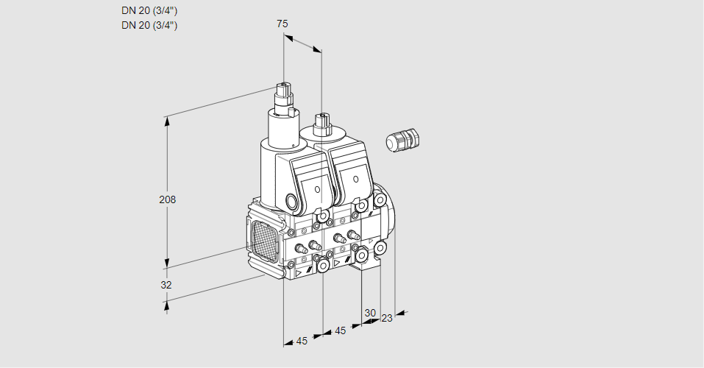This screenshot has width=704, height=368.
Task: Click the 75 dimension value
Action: (x=282, y=24)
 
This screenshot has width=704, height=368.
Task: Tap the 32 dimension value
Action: (x=166, y=285)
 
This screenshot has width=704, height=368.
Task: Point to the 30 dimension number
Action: (x=370, y=312)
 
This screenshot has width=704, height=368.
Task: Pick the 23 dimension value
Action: (x=387, y=318)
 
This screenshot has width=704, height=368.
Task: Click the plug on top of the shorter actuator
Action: (x=321, y=121)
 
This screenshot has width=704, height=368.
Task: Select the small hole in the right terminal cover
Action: (x=357, y=179)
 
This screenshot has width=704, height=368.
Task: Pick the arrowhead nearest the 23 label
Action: (x=399, y=314)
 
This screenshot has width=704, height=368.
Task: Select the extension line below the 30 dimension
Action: (x=361, y=298)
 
